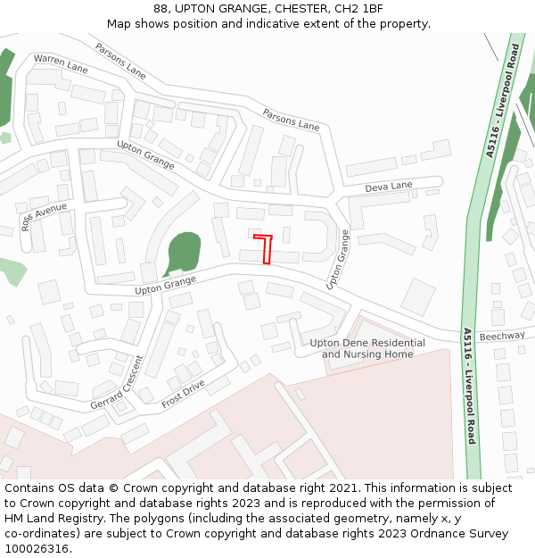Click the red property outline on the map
click(265, 249)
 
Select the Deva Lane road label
click(389, 187)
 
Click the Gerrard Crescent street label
click(116, 383)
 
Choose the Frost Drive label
click(183, 394)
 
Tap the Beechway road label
click(502, 337)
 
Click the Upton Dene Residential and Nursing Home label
click(367, 348)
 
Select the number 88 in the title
click(160, 9)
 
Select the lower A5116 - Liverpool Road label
click(469, 386)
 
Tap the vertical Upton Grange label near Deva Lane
click(338, 259)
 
